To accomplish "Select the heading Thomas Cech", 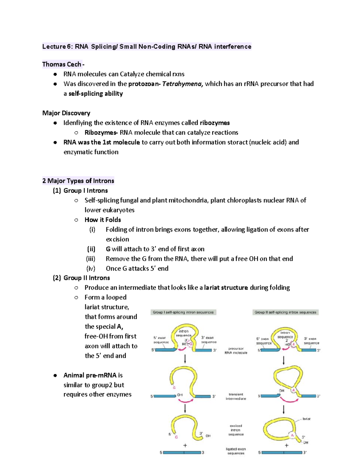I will (x=62, y=64).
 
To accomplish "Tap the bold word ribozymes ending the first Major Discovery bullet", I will (x=215, y=123).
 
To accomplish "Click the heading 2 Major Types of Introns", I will (x=78, y=181).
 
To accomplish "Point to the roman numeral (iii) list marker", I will (x=91, y=259).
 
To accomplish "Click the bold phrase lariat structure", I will (x=226, y=288).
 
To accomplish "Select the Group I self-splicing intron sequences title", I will (x=183, y=312).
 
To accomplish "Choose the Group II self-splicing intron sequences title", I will (x=285, y=312).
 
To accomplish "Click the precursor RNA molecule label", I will (x=236, y=351).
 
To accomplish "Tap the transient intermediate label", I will (x=236, y=396).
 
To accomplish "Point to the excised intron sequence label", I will (x=236, y=430).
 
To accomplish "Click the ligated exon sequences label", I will (x=236, y=451).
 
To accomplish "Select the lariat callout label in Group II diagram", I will (x=306, y=419).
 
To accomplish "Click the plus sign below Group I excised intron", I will (x=185, y=446).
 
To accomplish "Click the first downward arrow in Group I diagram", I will (x=185, y=359).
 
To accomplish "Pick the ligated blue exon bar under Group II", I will (x=282, y=452).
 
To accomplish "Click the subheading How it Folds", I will (x=103, y=220).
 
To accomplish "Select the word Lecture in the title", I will (x=54, y=47).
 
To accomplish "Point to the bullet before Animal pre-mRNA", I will (x=55, y=375).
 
